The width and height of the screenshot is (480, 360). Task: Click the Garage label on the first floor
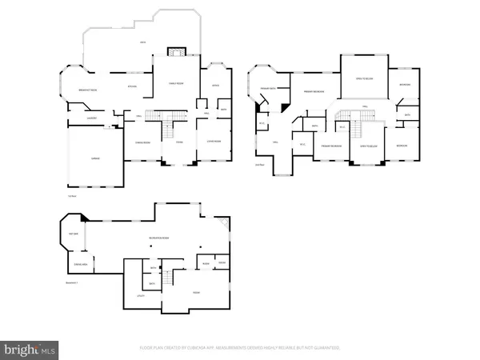94,160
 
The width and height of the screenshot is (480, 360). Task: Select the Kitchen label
134,87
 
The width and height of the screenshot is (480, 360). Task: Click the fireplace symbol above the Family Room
176,52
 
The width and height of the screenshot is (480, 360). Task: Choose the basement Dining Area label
80,263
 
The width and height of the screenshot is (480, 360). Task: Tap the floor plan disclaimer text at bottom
240,347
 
